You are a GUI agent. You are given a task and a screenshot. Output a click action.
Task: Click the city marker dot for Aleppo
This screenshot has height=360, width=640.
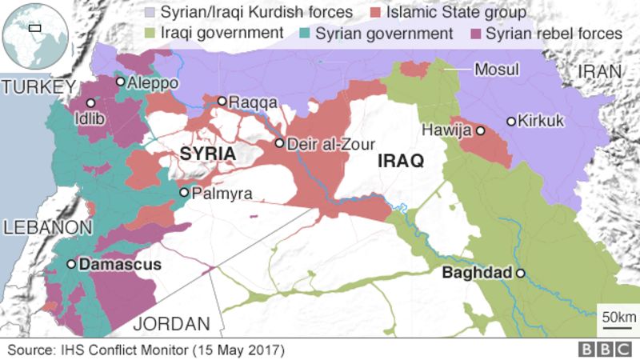point(121,81)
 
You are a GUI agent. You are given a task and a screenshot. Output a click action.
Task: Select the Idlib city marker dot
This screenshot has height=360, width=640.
point(91,103)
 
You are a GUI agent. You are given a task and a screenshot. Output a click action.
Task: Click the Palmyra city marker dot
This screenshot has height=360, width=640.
point(184,192)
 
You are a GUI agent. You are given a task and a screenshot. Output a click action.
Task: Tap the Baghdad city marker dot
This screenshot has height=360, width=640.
point(520,273)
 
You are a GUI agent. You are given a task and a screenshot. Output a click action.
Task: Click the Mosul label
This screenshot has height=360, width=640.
point(497,70)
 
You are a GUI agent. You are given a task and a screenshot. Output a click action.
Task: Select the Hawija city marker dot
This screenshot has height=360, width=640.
point(481,130)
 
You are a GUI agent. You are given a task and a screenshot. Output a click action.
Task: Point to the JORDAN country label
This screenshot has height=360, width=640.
point(171,323)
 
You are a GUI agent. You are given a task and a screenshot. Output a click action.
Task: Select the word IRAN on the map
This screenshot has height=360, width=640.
point(599,71)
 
